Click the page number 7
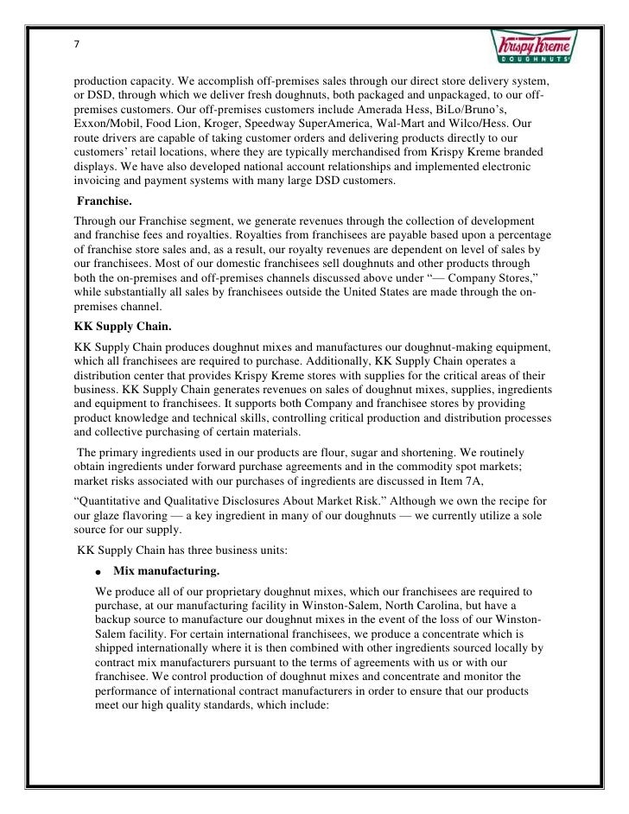(x=77, y=45)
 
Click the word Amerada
(x=378, y=111)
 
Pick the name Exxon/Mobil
(x=106, y=125)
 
